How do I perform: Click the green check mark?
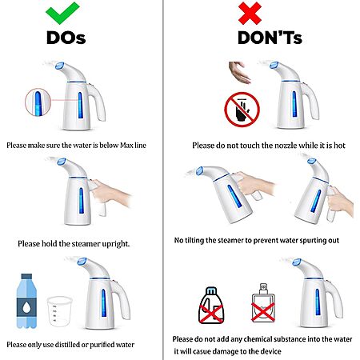point(62,14)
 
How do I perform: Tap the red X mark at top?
point(250,14)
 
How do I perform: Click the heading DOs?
point(66,38)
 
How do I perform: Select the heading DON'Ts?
point(270,38)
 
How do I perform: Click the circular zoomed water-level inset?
point(38,102)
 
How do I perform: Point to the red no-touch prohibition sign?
point(242,110)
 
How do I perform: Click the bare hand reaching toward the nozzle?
point(239,72)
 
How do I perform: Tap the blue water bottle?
point(26,301)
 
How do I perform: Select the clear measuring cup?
point(59,311)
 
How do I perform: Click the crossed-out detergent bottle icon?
point(211,306)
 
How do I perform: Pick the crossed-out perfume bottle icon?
point(263,303)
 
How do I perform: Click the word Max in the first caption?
point(126,146)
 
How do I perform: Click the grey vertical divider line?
point(163,180)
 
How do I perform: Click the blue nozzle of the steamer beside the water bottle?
point(82,262)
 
